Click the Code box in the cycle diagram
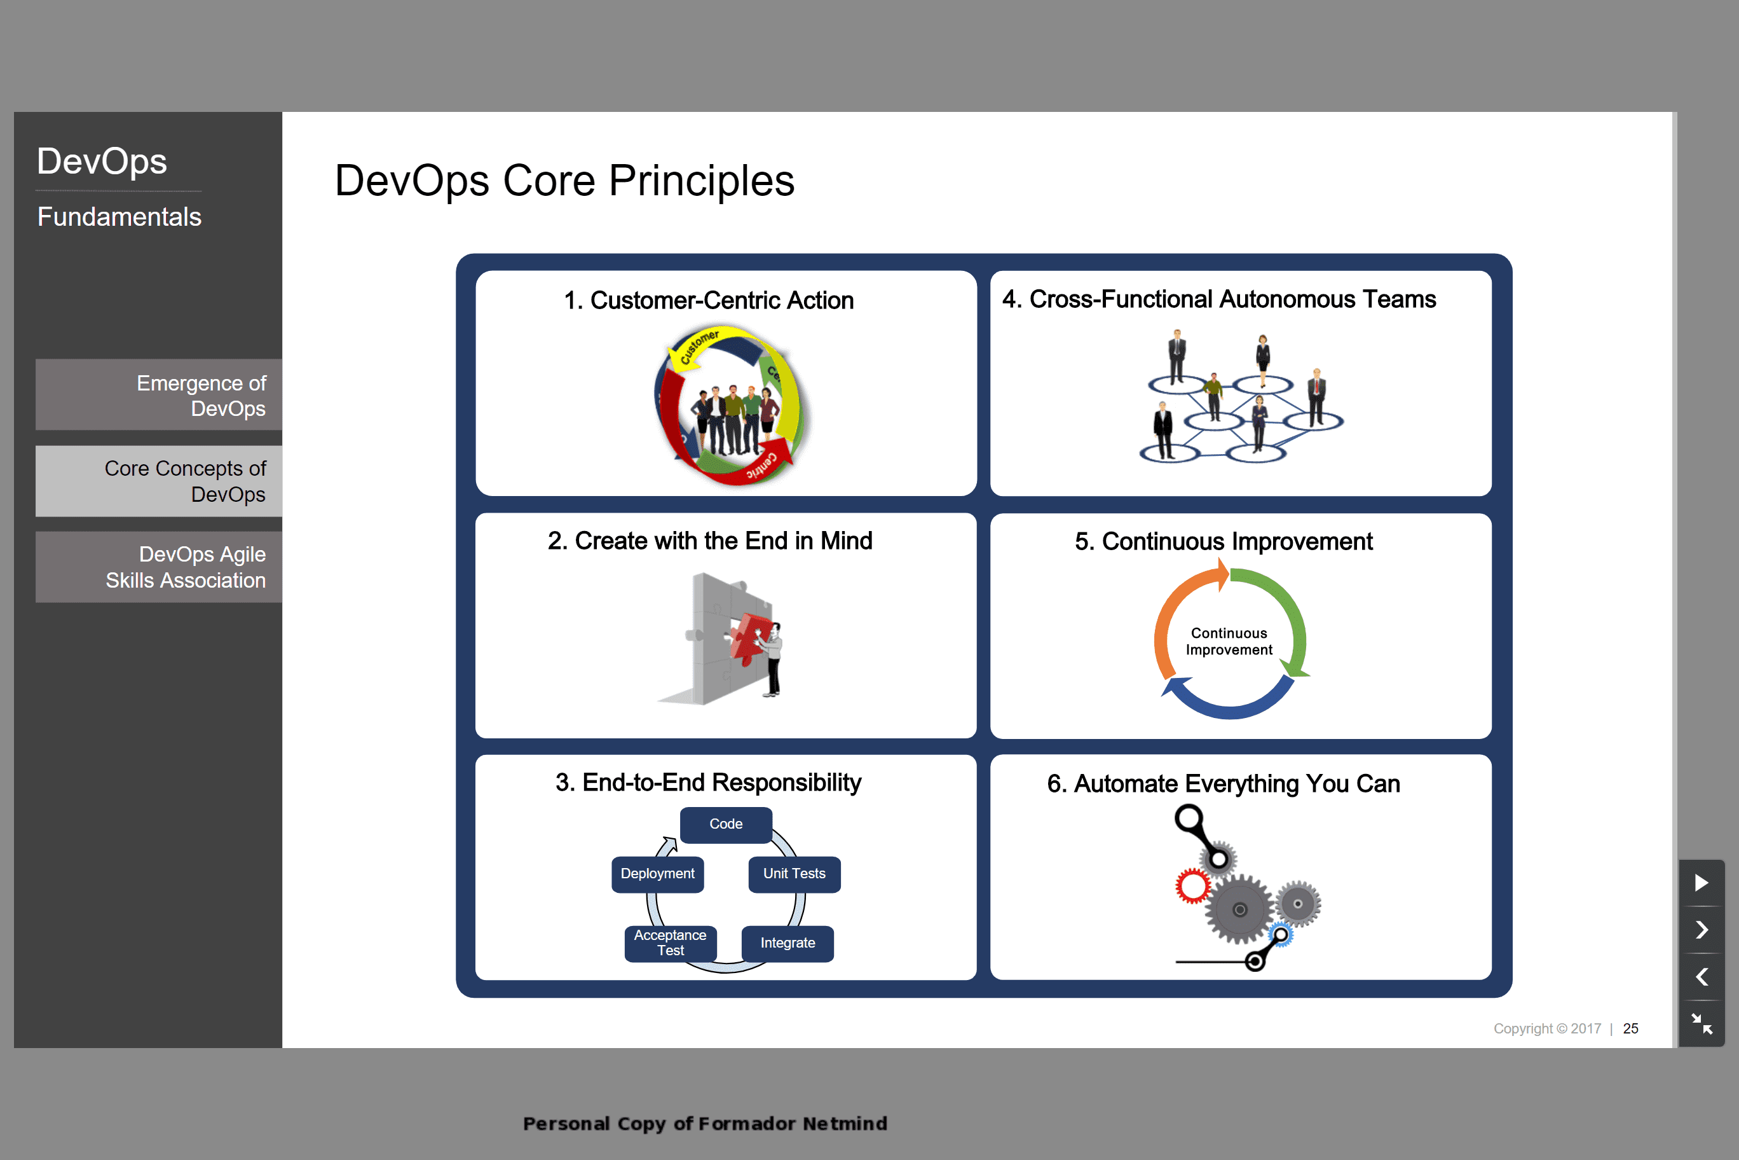(x=725, y=824)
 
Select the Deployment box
(x=657, y=874)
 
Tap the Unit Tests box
(x=794, y=874)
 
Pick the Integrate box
(x=788, y=943)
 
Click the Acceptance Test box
(x=670, y=943)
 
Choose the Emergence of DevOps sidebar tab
(x=159, y=395)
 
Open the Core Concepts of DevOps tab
(x=159, y=481)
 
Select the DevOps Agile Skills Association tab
(x=159, y=567)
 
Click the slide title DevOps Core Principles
(x=564, y=181)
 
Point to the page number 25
(x=1630, y=1028)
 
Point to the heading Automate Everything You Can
(x=1223, y=784)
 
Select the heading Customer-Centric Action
(x=708, y=300)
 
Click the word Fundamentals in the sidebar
(x=119, y=217)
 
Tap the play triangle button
(x=1701, y=883)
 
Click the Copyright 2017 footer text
(x=1547, y=1028)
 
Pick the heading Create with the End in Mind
(x=710, y=541)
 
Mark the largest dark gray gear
(x=1240, y=909)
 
